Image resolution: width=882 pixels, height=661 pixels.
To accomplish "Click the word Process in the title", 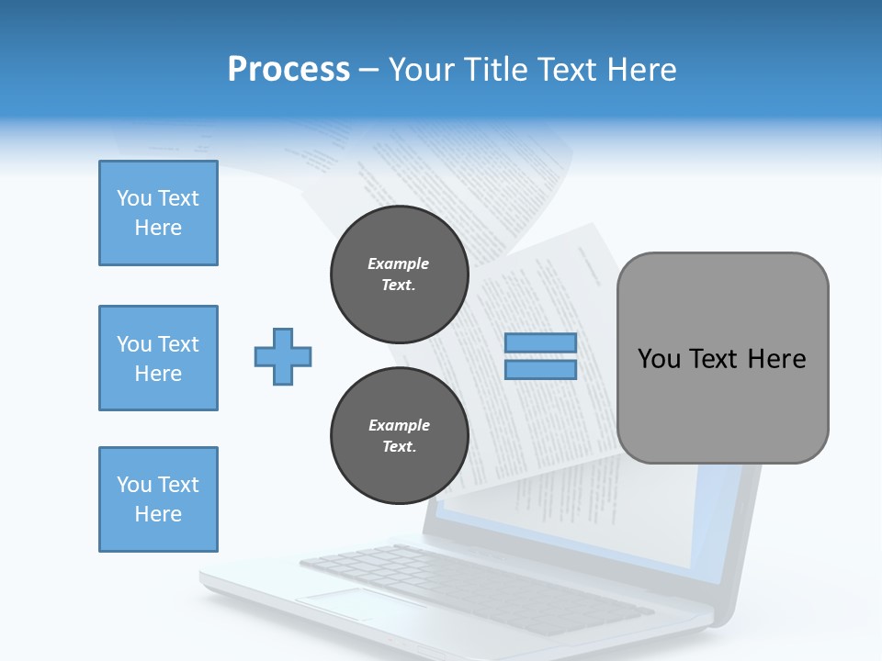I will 288,70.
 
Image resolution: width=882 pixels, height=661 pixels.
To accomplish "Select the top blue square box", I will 158,213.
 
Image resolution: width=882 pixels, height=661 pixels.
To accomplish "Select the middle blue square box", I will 158,358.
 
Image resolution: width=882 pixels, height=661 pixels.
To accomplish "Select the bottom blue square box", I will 158,499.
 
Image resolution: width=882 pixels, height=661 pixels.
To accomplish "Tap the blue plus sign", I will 283,356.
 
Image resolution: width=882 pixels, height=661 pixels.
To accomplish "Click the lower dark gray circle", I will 399,435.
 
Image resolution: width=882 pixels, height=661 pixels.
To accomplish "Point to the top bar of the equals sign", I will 541,343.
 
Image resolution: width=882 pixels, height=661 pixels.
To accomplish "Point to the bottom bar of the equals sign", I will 541,369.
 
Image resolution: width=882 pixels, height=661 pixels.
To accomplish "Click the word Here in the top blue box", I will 158,228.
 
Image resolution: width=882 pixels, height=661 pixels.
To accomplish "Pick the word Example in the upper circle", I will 399,263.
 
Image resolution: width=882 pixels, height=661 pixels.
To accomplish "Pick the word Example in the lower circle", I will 399,425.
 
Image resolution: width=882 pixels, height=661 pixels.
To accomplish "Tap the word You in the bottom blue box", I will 133,485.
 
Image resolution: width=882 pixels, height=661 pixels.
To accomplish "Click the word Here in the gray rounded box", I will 776,359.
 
